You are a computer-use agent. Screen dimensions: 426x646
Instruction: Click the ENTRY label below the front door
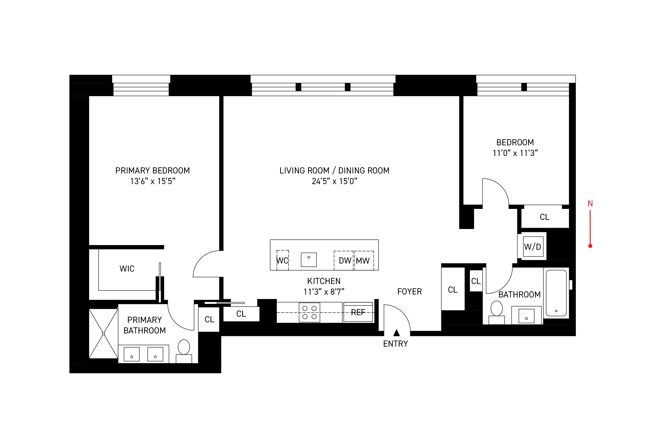coord(395,344)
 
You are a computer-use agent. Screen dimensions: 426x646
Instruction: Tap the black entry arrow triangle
coord(396,332)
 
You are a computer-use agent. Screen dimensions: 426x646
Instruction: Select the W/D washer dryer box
coord(533,246)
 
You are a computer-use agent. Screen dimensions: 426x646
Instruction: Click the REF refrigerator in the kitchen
coord(358,312)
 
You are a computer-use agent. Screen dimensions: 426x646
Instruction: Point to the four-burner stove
coord(309,312)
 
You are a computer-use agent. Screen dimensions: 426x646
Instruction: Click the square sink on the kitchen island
coord(309,259)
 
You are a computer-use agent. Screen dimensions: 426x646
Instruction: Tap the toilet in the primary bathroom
coord(184,347)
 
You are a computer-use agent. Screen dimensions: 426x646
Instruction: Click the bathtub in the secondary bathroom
coord(556,293)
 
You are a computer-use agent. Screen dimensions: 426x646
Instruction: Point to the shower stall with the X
coord(103,333)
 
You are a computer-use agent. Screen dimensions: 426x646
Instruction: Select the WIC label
coord(127,269)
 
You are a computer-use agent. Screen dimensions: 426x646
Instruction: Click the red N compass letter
coord(590,203)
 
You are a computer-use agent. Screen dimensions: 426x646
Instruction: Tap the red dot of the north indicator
coord(590,246)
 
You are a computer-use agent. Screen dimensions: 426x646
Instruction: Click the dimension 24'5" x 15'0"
coord(334,181)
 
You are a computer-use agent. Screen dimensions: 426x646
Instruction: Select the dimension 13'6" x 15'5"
coord(153,181)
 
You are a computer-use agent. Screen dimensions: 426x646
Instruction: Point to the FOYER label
coord(409,292)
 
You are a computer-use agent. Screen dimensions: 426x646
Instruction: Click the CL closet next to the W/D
coord(544,217)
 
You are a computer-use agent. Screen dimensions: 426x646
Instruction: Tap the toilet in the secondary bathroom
coord(497,309)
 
